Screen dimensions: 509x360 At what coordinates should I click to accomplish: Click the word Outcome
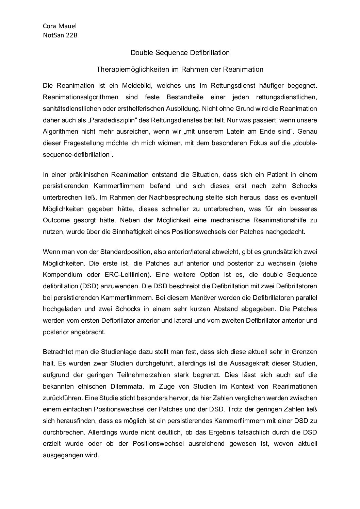coord(56,220)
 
